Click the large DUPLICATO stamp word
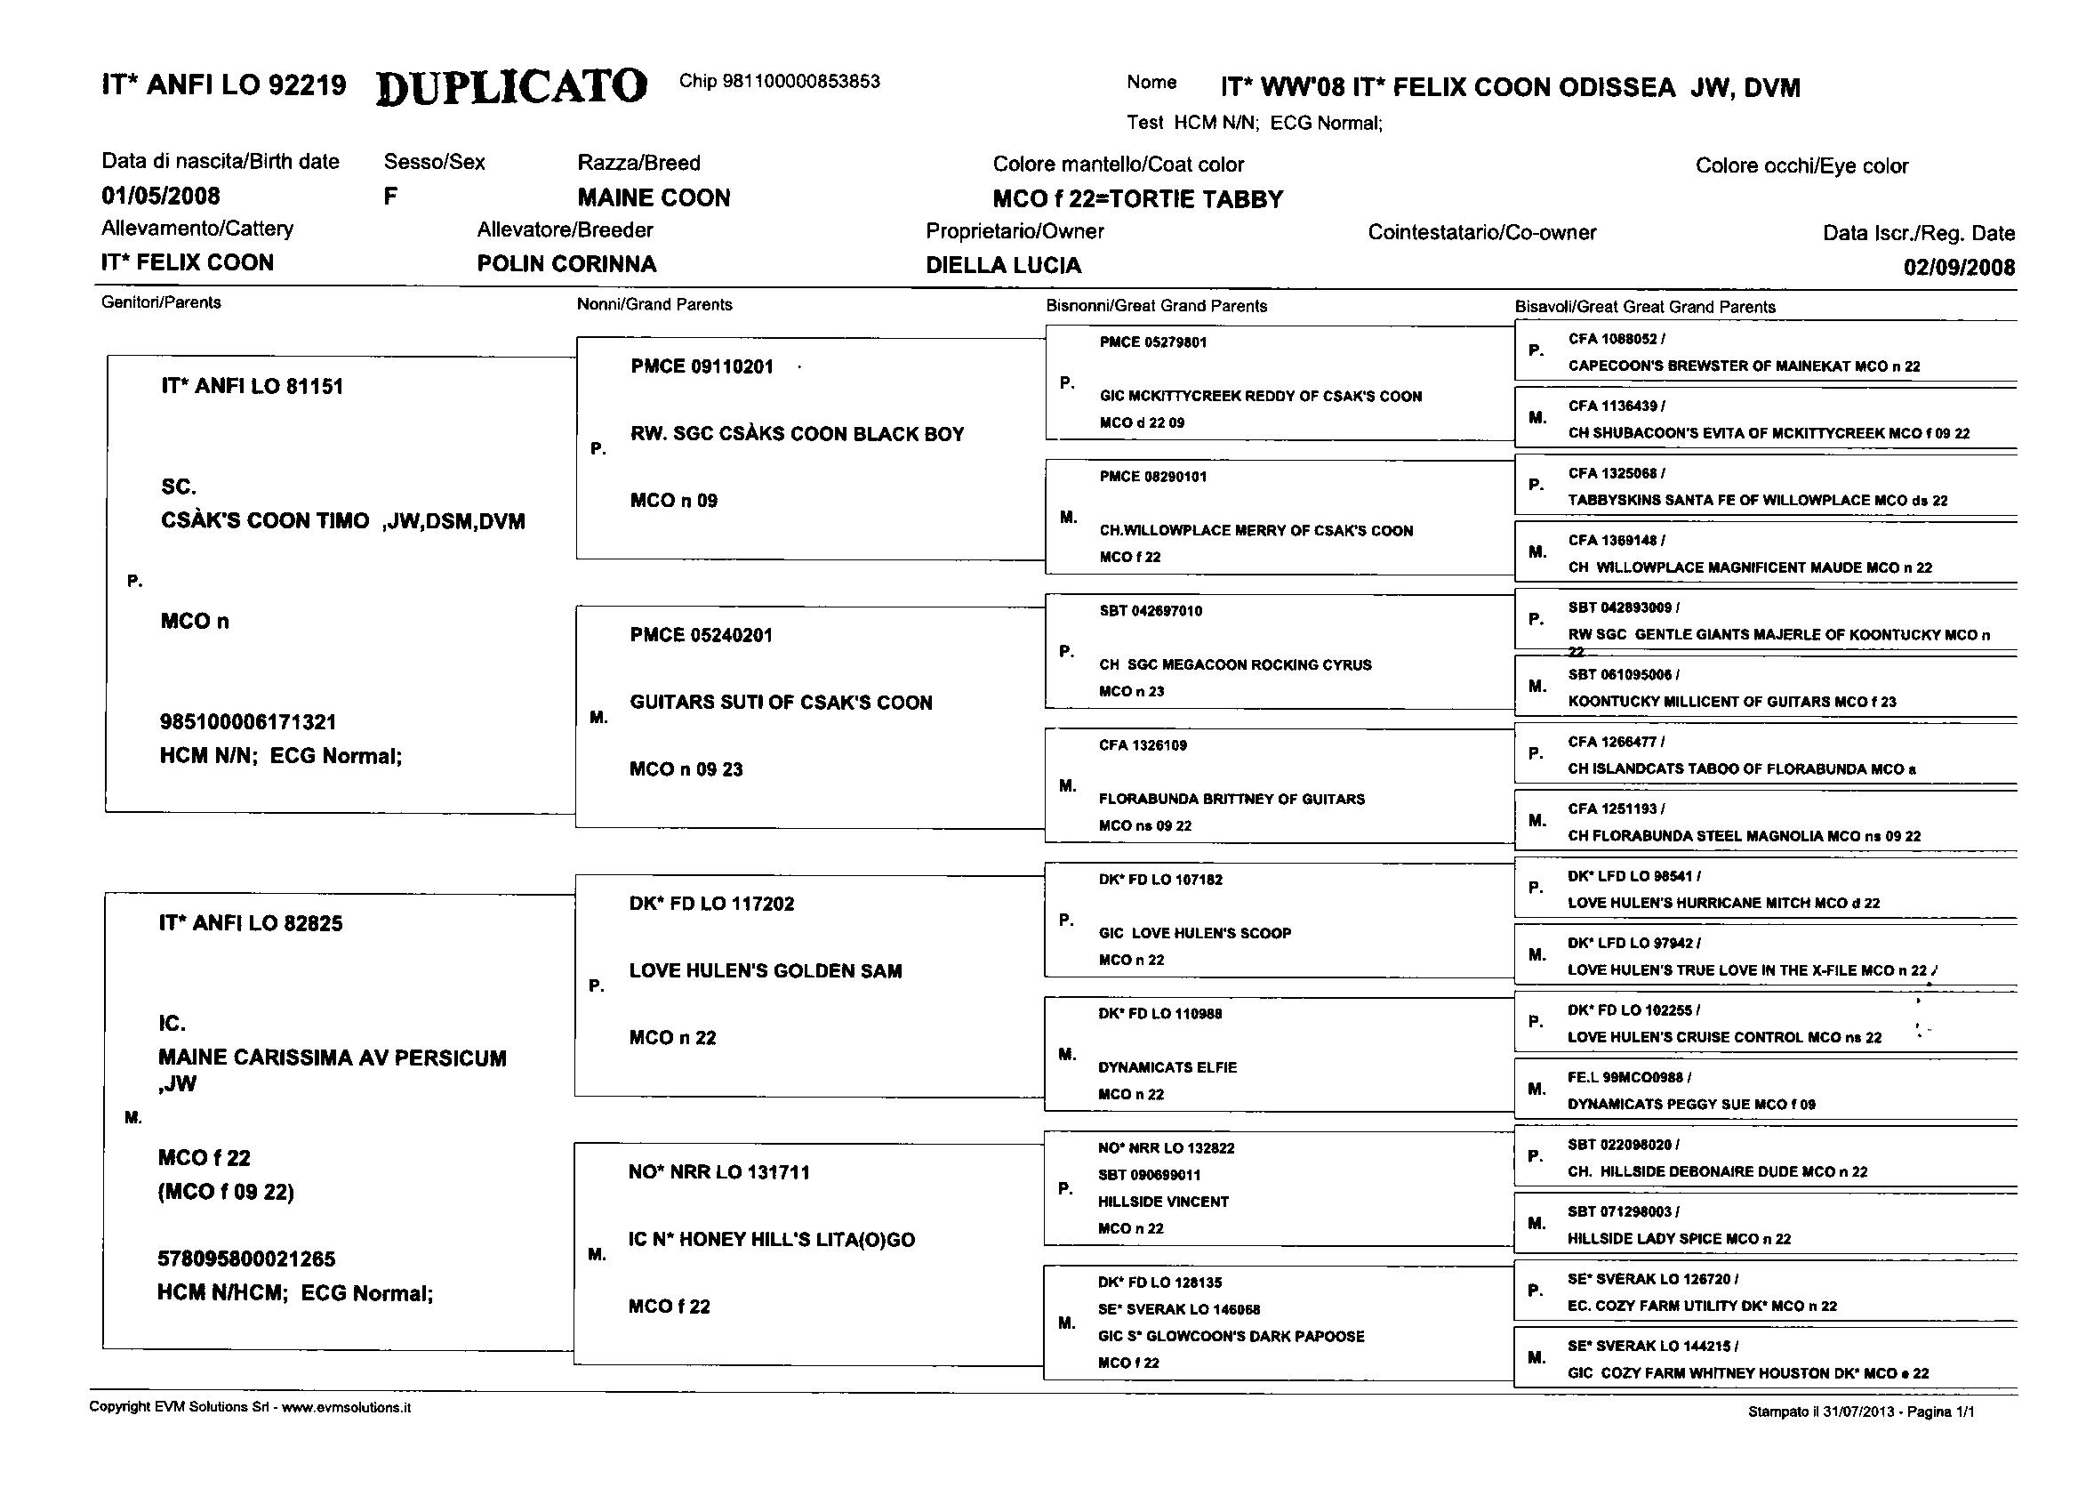511,86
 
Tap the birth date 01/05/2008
160,196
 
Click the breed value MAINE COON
654,198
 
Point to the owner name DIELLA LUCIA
1003,266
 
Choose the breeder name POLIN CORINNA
566,264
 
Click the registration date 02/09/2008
1959,268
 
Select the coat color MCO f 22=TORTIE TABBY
1138,200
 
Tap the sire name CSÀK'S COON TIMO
265,521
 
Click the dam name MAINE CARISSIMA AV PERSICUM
332,1058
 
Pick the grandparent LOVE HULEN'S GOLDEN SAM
765,971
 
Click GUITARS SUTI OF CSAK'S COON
781,703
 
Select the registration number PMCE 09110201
702,366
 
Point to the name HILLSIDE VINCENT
1164,1202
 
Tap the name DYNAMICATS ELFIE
1167,1067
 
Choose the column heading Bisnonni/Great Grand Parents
1156,306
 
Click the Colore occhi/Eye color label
1801,165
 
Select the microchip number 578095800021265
246,1259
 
